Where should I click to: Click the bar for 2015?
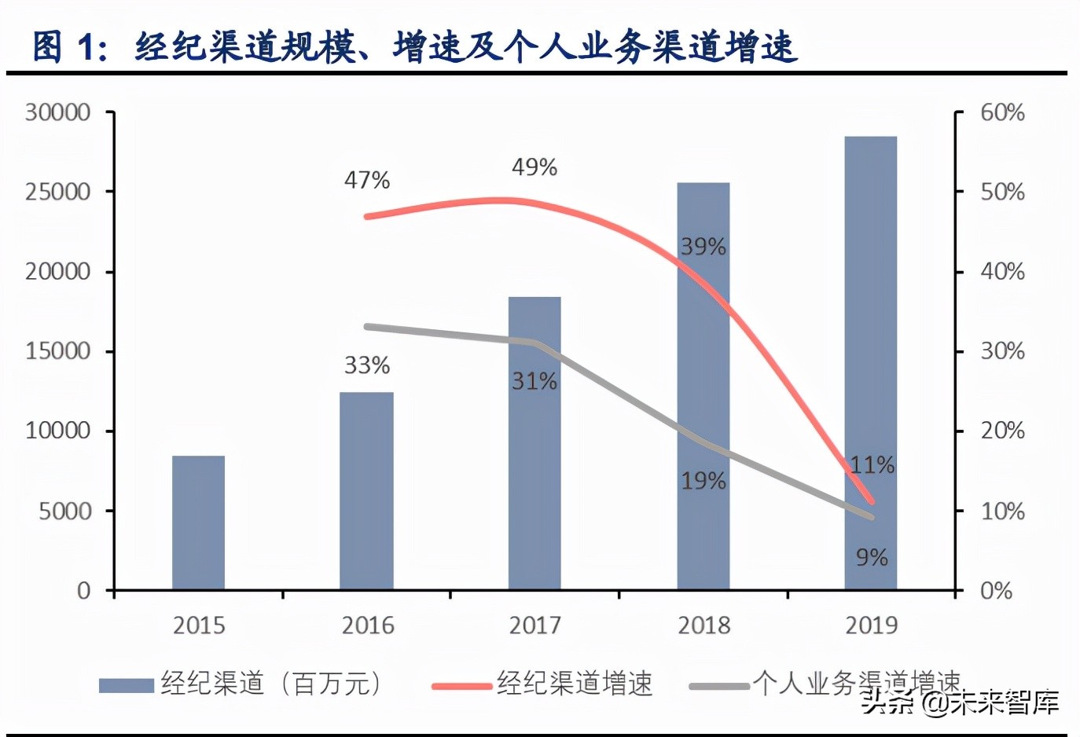(198, 522)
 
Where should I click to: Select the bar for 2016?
(366, 491)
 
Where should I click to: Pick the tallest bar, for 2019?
(870, 361)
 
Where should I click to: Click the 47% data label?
(367, 181)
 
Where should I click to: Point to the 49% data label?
(534, 167)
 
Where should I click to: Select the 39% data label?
(703, 247)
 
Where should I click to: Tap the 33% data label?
(367, 365)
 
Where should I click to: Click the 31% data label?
(534, 382)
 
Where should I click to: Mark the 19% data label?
(703, 481)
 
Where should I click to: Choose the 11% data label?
(872, 465)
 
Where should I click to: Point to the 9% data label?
(872, 558)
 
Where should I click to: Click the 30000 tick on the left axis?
(57, 112)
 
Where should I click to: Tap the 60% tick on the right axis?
(1002, 112)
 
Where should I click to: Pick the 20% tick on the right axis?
(1002, 431)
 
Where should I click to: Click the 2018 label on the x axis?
(703, 625)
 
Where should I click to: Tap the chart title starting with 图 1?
(414, 46)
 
